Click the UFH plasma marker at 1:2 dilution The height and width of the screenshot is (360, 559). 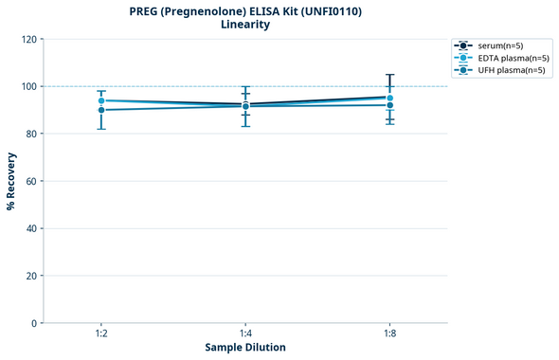coord(101,110)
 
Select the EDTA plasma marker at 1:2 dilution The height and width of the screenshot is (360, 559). coord(101,100)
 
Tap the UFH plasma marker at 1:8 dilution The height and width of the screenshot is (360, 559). coord(390,105)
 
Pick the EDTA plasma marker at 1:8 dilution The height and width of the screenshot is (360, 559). coord(390,98)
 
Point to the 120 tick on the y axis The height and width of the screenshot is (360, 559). coord(29,39)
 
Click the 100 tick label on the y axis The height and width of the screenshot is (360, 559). coord(29,86)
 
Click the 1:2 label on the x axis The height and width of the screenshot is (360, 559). coord(101,333)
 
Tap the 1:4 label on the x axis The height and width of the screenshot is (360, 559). coord(245,333)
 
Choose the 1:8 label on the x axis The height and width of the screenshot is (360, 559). coord(390,333)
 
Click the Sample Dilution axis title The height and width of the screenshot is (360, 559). coord(245,348)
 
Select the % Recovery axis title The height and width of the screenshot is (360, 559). coord(11,181)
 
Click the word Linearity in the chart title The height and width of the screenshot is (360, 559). coord(245,25)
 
